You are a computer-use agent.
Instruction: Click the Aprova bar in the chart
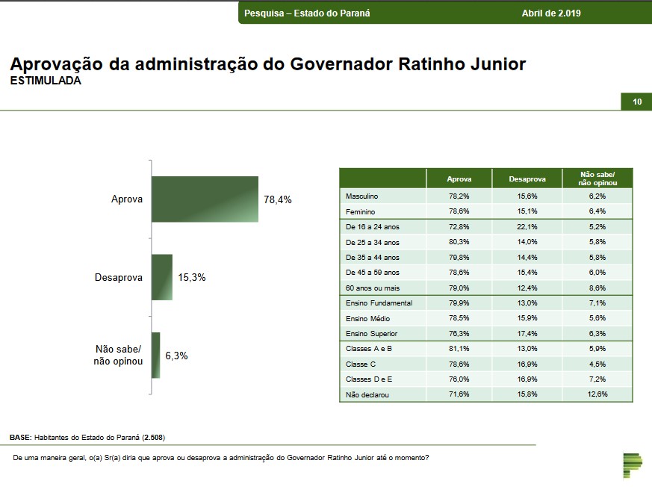tap(205, 199)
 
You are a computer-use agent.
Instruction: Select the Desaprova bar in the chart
tap(162, 277)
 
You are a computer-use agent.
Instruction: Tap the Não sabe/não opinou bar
tap(156, 356)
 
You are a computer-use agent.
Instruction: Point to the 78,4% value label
tap(277, 200)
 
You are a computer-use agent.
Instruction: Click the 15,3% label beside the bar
tap(192, 277)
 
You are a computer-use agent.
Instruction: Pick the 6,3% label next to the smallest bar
tap(176, 356)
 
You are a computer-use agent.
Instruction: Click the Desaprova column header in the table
tap(527, 179)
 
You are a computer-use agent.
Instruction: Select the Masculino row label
tap(362, 196)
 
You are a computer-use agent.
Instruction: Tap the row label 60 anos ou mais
tap(373, 288)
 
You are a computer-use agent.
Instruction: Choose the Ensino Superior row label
tap(371, 334)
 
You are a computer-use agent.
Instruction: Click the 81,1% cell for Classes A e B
tap(459, 349)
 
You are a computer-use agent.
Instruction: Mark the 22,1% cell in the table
tap(527, 227)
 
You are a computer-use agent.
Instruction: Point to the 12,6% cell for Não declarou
tap(597, 394)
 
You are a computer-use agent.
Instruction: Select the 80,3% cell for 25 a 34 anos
tap(459, 242)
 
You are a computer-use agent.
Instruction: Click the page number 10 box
tap(636, 102)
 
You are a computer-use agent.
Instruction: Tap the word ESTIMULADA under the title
tap(46, 81)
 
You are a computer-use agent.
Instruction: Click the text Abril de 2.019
tap(551, 13)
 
